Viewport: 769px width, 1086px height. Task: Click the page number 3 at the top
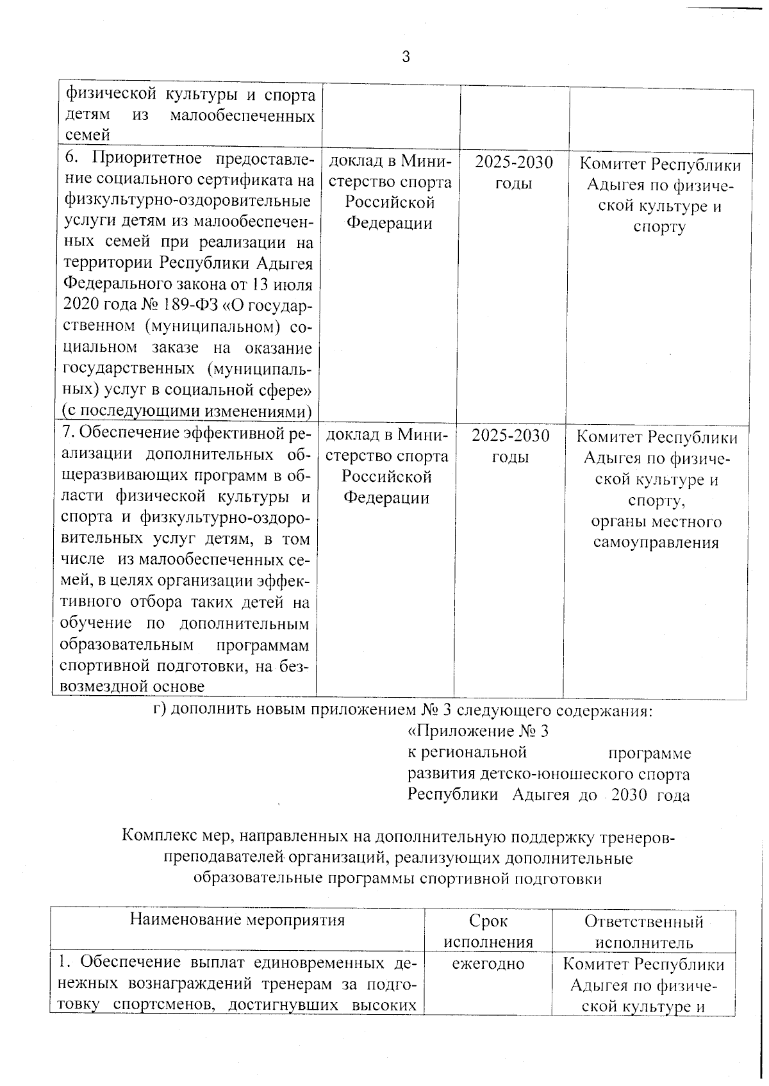[x=405, y=57]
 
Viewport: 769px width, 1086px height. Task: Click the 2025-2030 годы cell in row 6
[x=513, y=173]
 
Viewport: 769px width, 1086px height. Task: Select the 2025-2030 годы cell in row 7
[x=510, y=447]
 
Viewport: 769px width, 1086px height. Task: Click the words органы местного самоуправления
[x=656, y=532]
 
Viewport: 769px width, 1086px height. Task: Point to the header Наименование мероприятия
[x=237, y=920]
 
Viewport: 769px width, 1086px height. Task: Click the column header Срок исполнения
[x=488, y=932]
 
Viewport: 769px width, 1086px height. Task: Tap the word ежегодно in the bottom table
[x=488, y=964]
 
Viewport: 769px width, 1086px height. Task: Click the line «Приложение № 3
[x=478, y=731]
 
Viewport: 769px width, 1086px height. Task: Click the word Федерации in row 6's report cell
[x=389, y=224]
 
